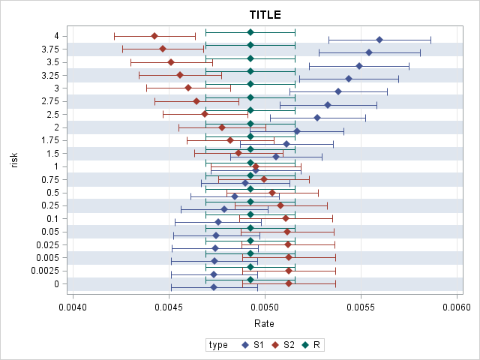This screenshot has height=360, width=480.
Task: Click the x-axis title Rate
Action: coord(264,324)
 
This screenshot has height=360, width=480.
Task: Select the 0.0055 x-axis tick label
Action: coord(361,307)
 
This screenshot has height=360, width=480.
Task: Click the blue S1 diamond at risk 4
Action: coord(379,40)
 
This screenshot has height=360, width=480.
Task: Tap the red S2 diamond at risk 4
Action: coord(154,36)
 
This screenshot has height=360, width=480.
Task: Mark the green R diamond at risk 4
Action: coord(250,32)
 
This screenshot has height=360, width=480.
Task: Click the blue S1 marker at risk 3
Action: coord(338,91)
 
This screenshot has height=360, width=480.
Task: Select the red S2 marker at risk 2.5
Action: coord(205,114)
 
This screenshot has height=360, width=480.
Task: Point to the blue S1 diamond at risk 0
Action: coord(214,287)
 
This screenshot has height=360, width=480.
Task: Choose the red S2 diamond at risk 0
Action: coord(289,283)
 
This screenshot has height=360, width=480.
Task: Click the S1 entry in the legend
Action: coord(253,345)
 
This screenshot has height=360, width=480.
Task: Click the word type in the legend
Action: coord(218,345)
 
